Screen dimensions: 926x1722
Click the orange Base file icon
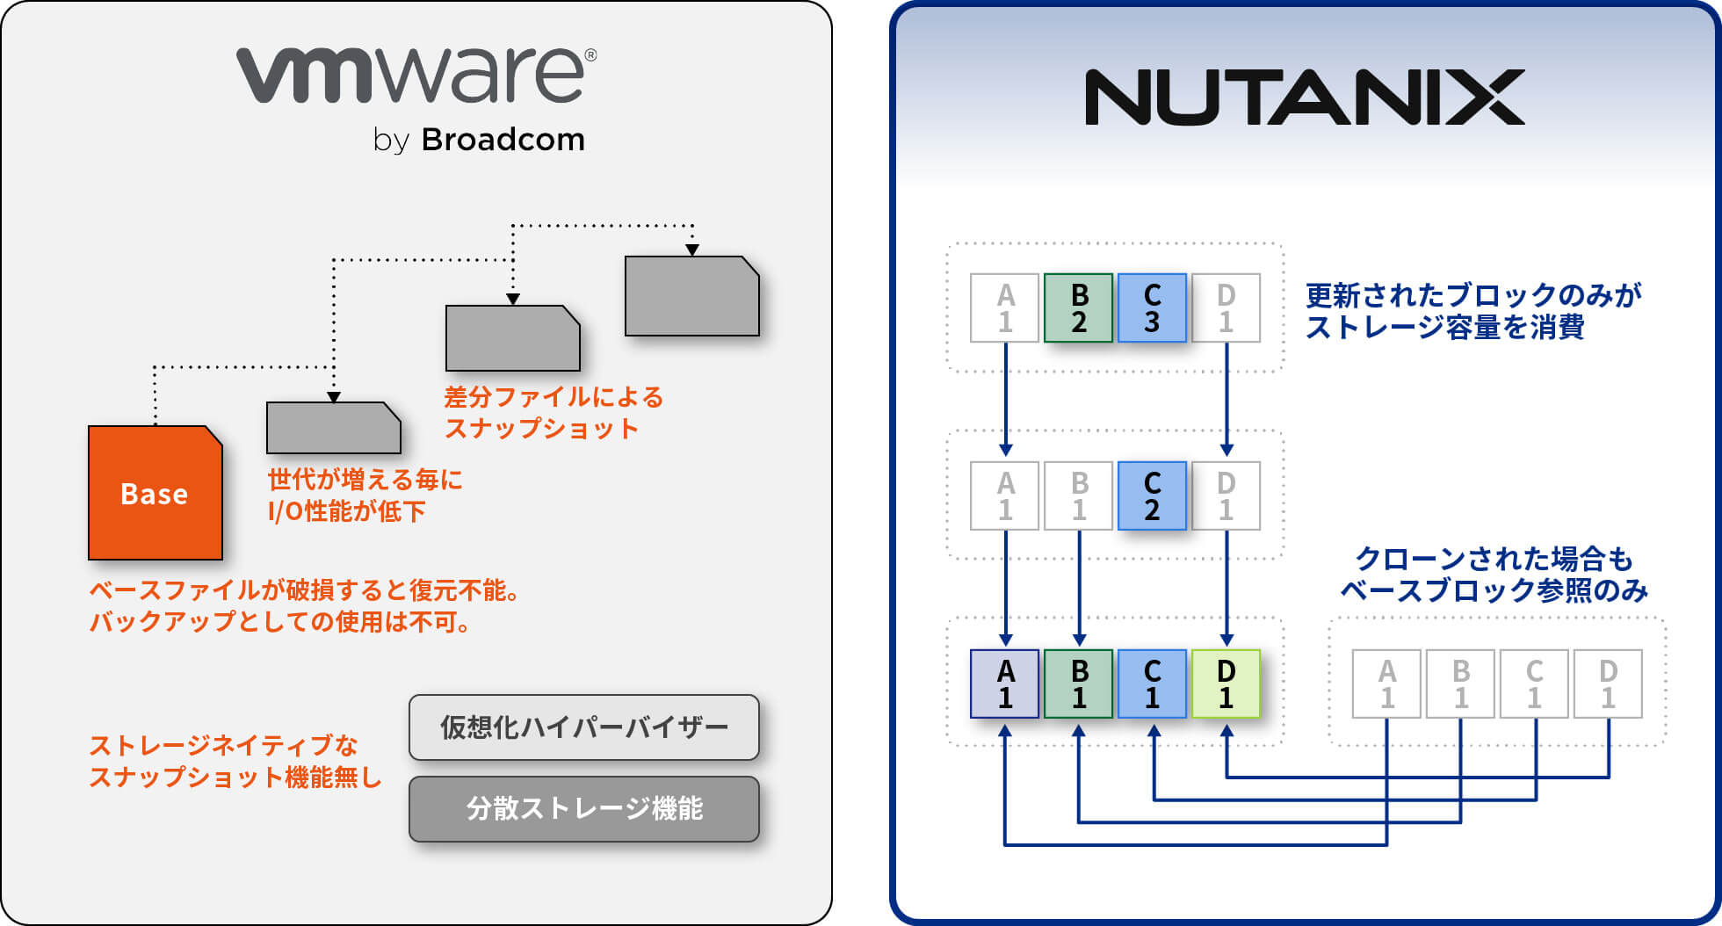(x=155, y=493)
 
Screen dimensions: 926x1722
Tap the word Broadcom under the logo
(x=503, y=140)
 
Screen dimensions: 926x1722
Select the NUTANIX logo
(x=1304, y=98)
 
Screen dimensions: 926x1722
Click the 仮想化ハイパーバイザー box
(x=583, y=727)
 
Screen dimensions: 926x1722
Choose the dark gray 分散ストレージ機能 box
(x=583, y=808)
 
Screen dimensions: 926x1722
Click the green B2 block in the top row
(x=1079, y=307)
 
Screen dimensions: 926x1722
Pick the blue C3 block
(x=1152, y=307)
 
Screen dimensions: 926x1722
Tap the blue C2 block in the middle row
(x=1152, y=496)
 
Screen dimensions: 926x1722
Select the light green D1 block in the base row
(x=1226, y=684)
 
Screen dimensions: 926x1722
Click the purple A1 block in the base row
(x=1005, y=684)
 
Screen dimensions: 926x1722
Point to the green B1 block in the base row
(x=1079, y=684)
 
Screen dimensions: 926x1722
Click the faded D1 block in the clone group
(x=1608, y=684)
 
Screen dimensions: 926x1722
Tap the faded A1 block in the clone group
(x=1386, y=684)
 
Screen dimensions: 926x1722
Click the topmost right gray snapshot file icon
(x=691, y=296)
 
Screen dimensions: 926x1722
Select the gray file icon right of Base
(x=333, y=428)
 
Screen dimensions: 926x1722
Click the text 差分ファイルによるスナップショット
(x=553, y=413)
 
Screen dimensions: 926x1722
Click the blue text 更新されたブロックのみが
(x=1472, y=295)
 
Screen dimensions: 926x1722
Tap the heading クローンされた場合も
(x=1494, y=559)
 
